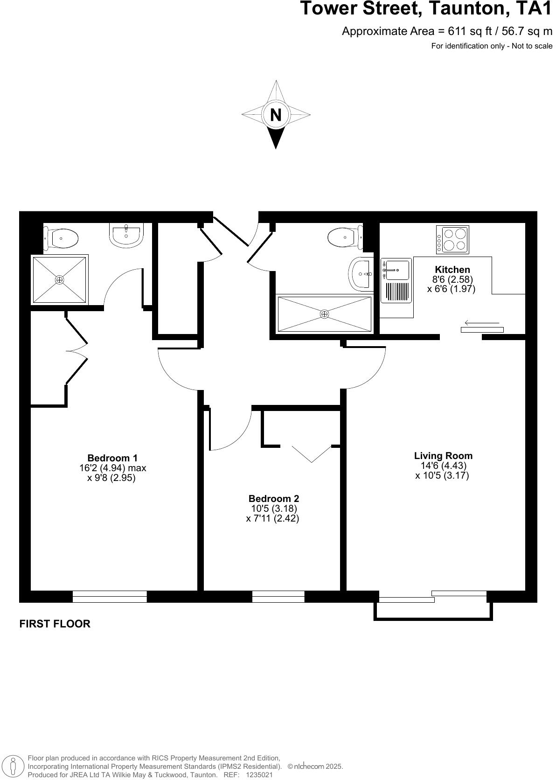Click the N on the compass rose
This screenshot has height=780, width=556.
[276, 114]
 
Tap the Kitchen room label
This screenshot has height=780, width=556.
[452, 270]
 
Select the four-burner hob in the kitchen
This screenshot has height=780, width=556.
[452, 239]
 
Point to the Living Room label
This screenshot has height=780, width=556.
[443, 456]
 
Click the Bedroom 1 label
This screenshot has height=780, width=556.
[112, 458]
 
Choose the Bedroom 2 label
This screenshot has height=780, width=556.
[273, 499]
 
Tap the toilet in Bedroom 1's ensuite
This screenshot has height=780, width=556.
[63, 238]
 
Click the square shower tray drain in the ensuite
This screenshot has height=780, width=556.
[59, 280]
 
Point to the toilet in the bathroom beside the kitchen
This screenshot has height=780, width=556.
[345, 237]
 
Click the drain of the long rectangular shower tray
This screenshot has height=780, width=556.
[324, 314]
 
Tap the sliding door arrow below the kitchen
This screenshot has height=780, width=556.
[482, 323]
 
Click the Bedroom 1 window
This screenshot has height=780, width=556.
[110, 597]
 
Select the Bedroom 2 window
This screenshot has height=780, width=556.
[278, 597]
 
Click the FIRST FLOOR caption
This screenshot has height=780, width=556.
[55, 624]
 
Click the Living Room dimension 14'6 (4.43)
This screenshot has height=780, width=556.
[443, 466]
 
